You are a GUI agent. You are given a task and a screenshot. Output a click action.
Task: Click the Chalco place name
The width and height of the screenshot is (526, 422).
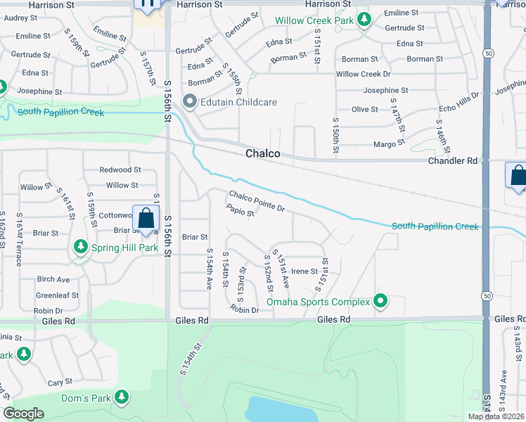click(x=263, y=154)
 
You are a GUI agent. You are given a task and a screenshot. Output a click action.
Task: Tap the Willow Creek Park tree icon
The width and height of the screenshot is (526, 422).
click(x=364, y=20)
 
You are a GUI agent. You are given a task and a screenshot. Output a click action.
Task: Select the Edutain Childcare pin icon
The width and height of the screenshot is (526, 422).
click(x=189, y=102)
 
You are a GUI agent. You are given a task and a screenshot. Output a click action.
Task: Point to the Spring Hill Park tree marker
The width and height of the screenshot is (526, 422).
click(x=81, y=248)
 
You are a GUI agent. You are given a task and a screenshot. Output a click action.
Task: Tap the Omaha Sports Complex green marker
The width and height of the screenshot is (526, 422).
click(x=381, y=302)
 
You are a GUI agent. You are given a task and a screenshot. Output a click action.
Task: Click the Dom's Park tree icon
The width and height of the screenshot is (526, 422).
click(x=122, y=397)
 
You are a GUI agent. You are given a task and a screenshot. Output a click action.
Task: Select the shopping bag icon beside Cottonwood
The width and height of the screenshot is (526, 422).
click(x=146, y=219)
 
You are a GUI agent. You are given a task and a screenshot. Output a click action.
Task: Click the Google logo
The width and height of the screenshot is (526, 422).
click(x=23, y=414)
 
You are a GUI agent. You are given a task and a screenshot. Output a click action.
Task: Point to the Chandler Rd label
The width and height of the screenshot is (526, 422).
click(x=453, y=161)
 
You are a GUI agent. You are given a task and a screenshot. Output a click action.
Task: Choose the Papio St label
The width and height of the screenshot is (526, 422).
click(x=240, y=210)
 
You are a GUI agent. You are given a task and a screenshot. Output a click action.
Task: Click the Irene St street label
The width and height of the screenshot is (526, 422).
click(x=304, y=271)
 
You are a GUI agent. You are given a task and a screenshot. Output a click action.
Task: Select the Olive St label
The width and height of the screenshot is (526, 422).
click(x=365, y=109)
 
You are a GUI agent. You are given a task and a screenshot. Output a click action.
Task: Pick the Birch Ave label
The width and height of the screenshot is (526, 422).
click(x=53, y=279)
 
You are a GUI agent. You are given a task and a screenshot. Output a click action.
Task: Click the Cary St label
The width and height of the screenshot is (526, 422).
click(x=56, y=383)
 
